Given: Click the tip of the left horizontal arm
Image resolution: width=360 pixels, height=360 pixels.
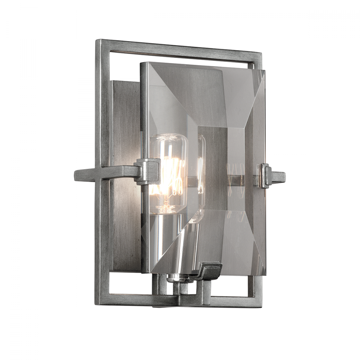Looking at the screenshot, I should click(x=77, y=175).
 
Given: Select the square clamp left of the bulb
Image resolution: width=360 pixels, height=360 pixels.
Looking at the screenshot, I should click(x=148, y=171).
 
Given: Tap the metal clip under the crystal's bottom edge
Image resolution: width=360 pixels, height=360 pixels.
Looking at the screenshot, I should click(x=208, y=271).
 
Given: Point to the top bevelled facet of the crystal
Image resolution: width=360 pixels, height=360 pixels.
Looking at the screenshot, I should click(x=202, y=94).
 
